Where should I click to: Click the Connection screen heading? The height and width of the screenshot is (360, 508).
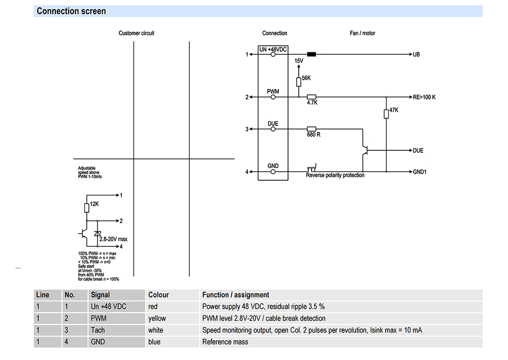click(x=71, y=11)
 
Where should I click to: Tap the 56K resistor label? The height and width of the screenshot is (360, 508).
click(x=306, y=78)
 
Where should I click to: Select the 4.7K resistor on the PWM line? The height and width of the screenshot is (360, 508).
click(x=312, y=97)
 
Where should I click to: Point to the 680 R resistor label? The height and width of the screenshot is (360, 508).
click(x=313, y=135)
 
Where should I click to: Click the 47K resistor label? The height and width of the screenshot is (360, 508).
click(x=394, y=110)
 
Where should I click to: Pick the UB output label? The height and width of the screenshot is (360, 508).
click(x=417, y=54)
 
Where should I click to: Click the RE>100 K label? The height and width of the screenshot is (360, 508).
click(x=425, y=97)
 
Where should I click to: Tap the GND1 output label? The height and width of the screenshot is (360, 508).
click(x=420, y=172)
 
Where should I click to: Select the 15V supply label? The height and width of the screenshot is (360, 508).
click(x=299, y=61)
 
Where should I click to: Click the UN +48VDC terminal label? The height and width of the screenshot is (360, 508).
click(x=273, y=49)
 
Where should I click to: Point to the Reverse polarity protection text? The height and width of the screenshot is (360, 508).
click(x=335, y=175)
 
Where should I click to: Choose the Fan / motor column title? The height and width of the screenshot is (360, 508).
click(x=362, y=34)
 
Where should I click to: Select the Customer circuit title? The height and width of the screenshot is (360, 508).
click(x=136, y=34)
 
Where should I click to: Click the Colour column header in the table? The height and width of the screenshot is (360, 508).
click(x=158, y=295)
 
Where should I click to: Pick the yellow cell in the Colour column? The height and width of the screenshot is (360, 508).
click(x=157, y=318)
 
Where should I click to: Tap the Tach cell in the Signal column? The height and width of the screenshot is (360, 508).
click(x=98, y=330)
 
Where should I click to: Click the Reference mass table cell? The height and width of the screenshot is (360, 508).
click(x=225, y=342)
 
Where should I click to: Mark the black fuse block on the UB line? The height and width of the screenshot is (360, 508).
click(x=312, y=54)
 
